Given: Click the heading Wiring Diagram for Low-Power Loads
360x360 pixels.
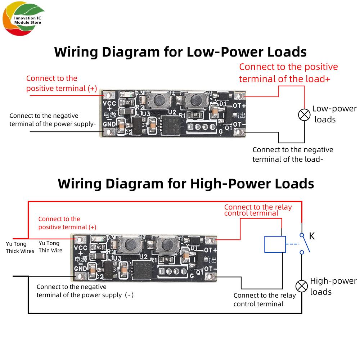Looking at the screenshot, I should [x=180, y=51].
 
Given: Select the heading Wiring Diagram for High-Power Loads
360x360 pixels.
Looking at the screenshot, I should [x=186, y=184].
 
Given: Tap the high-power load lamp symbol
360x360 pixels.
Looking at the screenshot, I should [x=302, y=286].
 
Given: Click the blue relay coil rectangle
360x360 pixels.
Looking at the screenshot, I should [x=275, y=244].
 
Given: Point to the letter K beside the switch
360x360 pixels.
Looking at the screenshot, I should [x=312, y=236].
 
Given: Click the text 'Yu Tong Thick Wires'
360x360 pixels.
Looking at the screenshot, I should [x=20, y=247].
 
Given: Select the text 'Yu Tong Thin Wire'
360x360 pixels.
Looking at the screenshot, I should [x=50, y=247].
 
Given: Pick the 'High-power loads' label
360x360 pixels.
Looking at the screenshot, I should [x=333, y=286].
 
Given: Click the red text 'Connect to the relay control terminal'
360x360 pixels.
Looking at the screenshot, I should [x=258, y=210].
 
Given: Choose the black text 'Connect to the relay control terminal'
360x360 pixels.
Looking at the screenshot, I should [x=264, y=300].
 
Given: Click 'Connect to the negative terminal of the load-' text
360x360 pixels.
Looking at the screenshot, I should [x=293, y=154].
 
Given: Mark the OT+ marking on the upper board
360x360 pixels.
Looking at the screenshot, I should [x=239, y=106].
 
